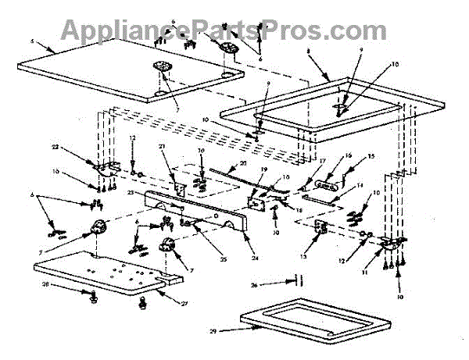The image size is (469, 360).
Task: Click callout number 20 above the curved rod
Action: click(x=242, y=163)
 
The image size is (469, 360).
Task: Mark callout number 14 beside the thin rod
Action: click(x=360, y=186)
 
